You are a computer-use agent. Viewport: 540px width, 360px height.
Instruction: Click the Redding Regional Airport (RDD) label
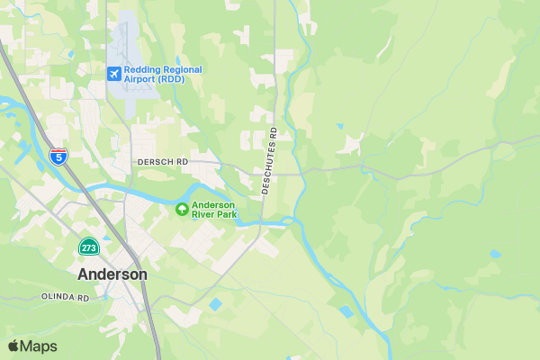(x=163, y=74)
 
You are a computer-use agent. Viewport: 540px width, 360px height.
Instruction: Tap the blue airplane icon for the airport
(x=113, y=73)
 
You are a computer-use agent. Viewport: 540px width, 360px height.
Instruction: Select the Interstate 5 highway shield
(x=58, y=156)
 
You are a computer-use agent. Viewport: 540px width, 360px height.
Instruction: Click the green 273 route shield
(x=88, y=247)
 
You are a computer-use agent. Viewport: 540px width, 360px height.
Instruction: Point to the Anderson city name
(x=112, y=274)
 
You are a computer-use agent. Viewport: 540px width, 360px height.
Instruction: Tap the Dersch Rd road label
(x=162, y=162)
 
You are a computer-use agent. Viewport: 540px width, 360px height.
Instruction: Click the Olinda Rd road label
(x=65, y=296)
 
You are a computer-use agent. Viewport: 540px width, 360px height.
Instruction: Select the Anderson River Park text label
(x=214, y=210)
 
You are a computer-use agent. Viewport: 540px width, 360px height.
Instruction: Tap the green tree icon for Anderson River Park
(x=182, y=210)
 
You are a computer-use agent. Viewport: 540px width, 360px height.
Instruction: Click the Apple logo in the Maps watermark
(x=13, y=346)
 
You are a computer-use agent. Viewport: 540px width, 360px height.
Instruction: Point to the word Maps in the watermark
(x=39, y=346)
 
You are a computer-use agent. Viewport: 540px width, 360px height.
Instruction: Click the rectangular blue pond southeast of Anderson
(x=214, y=304)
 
